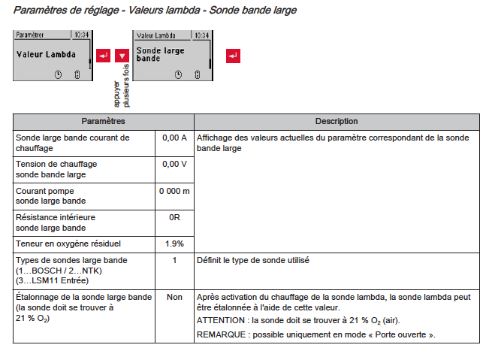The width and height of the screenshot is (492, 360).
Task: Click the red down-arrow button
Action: (122, 56)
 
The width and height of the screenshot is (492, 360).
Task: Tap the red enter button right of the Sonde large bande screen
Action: (234, 56)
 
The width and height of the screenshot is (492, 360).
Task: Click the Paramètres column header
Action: (103, 121)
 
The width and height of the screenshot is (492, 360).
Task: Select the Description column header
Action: (336, 121)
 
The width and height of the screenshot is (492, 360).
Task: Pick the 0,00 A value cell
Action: (174, 138)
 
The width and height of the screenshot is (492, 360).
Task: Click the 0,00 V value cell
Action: (174, 163)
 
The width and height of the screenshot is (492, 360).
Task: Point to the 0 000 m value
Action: (174, 191)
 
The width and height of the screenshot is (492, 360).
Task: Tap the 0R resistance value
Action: (174, 217)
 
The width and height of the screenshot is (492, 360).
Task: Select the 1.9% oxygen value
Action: (174, 244)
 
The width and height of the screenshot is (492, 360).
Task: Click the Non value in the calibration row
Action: (174, 297)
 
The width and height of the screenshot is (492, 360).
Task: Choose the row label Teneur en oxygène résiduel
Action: (68, 244)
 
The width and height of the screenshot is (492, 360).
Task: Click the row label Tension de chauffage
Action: (56, 163)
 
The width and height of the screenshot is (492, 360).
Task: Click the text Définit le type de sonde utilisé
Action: (252, 260)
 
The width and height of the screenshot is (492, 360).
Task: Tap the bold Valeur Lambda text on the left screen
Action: (46, 55)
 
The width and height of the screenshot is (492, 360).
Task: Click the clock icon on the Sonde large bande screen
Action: (178, 74)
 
